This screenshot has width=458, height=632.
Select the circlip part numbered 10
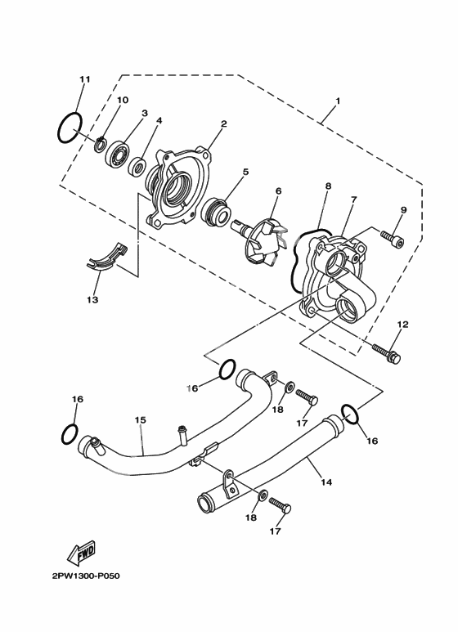[x=100, y=144]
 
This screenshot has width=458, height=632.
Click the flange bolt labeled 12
[x=386, y=352]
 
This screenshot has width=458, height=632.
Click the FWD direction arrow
[x=81, y=552]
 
